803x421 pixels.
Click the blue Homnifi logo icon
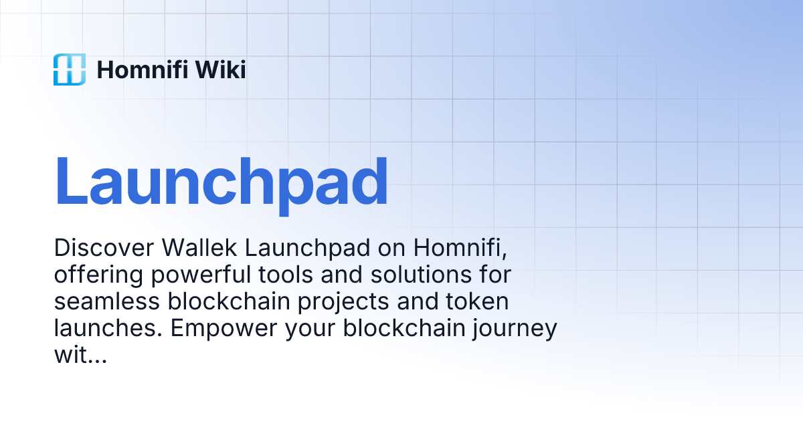pos(70,69)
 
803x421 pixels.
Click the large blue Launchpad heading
pos(221,182)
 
